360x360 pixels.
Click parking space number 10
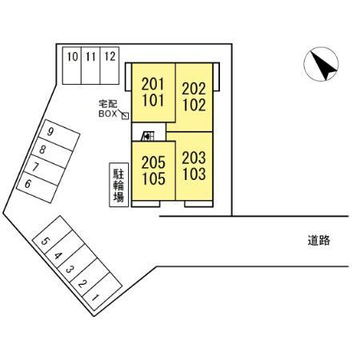72,66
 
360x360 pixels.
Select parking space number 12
110,66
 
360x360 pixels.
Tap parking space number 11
90,66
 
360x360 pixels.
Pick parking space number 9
59,135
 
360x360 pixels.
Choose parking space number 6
37,187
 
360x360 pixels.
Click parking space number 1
102,291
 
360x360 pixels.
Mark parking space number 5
53,234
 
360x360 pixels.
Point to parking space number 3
78,263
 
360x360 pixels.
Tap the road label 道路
318,240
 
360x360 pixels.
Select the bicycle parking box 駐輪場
119,185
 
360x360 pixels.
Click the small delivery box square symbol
125,116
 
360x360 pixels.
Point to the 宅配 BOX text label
108,109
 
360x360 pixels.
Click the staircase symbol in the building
148,136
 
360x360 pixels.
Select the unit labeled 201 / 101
154,93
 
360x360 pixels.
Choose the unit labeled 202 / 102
194,97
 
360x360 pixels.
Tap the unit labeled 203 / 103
194,166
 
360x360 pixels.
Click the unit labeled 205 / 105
154,170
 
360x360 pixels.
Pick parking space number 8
52,153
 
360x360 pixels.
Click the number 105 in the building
154,179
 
